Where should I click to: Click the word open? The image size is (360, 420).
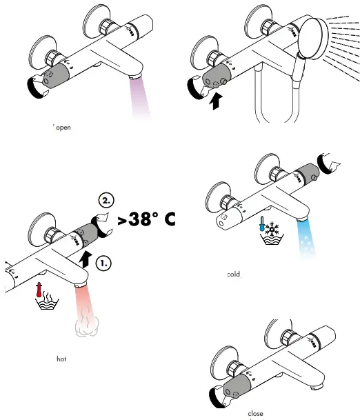coord(63,127)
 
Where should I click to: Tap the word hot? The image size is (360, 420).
coord(61,359)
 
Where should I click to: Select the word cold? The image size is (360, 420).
coord(234,274)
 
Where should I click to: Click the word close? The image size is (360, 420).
coord(255,413)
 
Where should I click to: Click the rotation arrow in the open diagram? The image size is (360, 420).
coord(30,86)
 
